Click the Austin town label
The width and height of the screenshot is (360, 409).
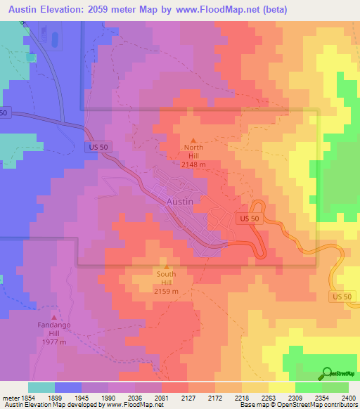pos(181,201)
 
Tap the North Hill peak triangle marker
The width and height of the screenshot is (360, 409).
pos(193,139)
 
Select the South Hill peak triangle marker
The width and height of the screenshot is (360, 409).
pos(167,265)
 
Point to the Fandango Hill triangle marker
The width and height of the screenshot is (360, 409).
pos(54,306)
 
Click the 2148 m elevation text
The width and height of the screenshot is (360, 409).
pos(193,164)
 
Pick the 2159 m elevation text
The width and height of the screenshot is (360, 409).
pos(167,291)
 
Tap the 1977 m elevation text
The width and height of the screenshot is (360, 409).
pos(54,342)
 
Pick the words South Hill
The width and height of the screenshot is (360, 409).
pos(167,278)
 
